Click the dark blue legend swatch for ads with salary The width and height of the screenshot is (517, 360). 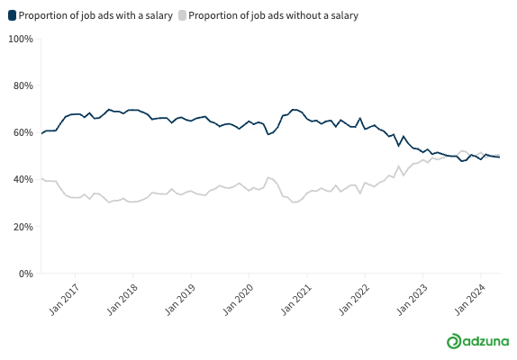coord(13,15)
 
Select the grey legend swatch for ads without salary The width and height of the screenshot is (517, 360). coord(182,15)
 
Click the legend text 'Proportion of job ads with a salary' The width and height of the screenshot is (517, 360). coord(95,15)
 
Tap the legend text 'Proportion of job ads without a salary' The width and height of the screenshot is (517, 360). coord(273,15)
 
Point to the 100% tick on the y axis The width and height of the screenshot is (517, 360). coord(21,39)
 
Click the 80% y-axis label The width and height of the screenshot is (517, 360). coord(23,86)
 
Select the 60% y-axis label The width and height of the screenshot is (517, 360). coord(23,132)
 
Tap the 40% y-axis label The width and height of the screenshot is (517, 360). coord(23,179)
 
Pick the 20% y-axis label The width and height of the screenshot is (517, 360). coord(23,227)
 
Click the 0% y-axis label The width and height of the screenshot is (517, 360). coord(26,274)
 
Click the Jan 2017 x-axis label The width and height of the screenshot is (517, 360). coord(64,300)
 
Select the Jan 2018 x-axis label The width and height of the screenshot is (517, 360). coord(122,300)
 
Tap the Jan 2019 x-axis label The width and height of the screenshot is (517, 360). coord(180,300)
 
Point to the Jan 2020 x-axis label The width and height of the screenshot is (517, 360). coord(238,300)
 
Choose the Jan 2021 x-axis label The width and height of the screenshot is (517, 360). coord(296,300)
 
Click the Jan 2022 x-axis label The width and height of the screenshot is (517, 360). coord(354,300)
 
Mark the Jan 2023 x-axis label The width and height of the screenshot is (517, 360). coord(412,300)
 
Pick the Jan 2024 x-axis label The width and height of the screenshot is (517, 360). coord(470,300)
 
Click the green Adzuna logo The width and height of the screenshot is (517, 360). coord(477,341)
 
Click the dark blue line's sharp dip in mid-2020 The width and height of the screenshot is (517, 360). coord(268,134)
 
